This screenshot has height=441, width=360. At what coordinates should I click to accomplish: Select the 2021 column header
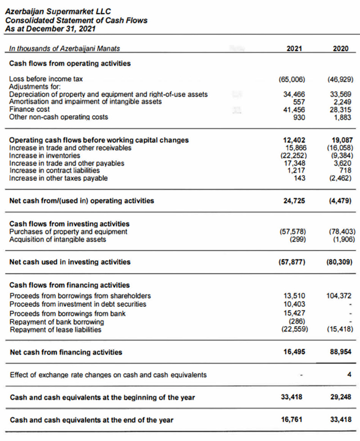(295, 48)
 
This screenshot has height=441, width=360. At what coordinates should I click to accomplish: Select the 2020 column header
(341, 48)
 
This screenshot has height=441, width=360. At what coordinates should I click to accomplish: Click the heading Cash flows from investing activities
(69, 224)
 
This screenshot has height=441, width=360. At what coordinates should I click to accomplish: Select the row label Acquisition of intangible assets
(58, 239)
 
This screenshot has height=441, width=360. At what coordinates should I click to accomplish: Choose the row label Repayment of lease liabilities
(55, 330)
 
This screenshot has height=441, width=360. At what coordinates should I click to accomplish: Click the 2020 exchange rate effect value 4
(349, 374)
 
